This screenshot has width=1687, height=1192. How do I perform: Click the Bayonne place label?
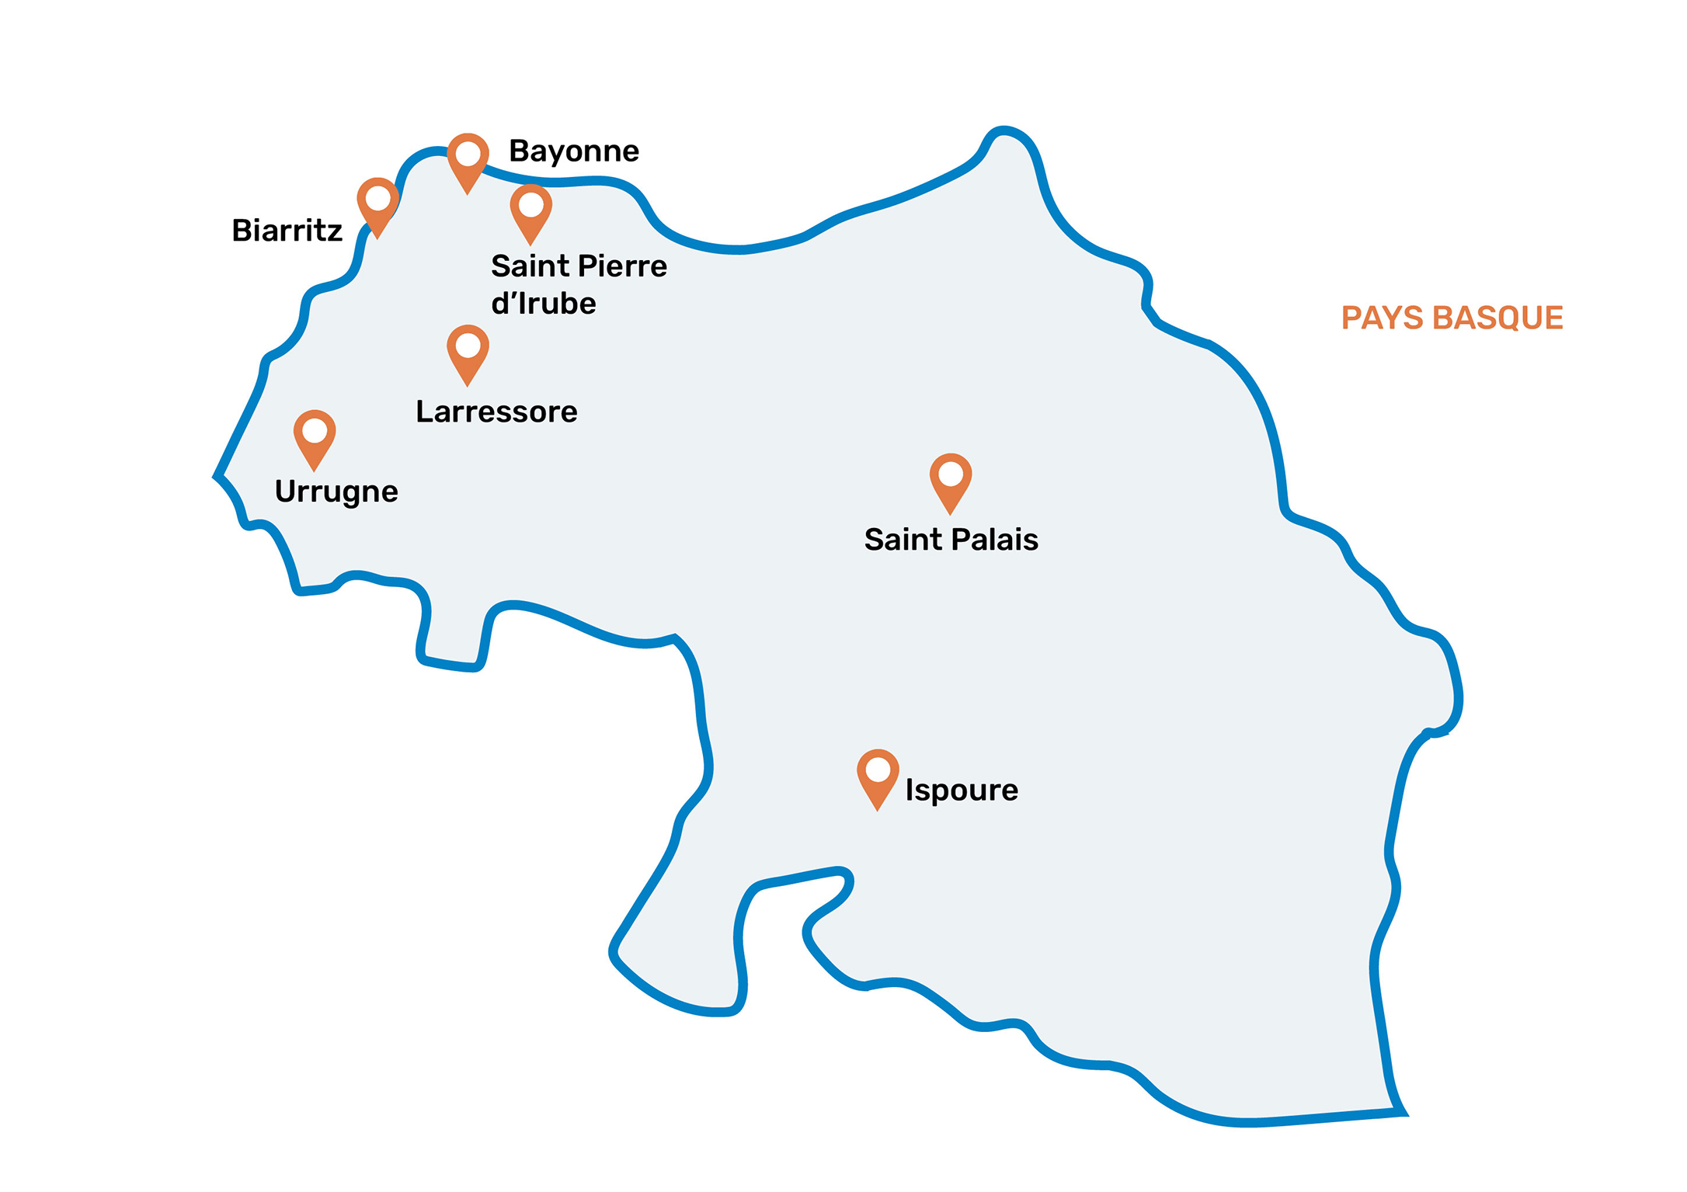coord(573,151)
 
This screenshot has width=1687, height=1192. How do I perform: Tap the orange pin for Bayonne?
coord(468,159)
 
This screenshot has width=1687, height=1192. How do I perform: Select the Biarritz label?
coord(287,231)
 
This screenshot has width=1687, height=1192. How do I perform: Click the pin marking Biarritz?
coord(377,203)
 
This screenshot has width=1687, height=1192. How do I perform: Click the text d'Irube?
coord(544,304)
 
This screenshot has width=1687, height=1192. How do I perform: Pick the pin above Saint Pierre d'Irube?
coord(530,210)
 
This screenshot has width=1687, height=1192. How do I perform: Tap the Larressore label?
coord(496,412)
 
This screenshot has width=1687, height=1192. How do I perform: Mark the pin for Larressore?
coord(468,351)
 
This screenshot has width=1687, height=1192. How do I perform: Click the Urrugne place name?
coord(336,492)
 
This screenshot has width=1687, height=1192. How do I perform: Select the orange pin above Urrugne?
coord(315,436)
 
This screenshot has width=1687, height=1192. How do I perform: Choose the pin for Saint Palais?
coord(951,480)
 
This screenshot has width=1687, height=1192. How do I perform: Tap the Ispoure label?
coord(962,791)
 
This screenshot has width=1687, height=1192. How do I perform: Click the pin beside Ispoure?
coord(878,776)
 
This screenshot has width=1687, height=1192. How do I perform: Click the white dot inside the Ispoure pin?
coord(878,770)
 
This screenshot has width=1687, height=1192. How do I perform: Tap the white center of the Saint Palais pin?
coord(951,474)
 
